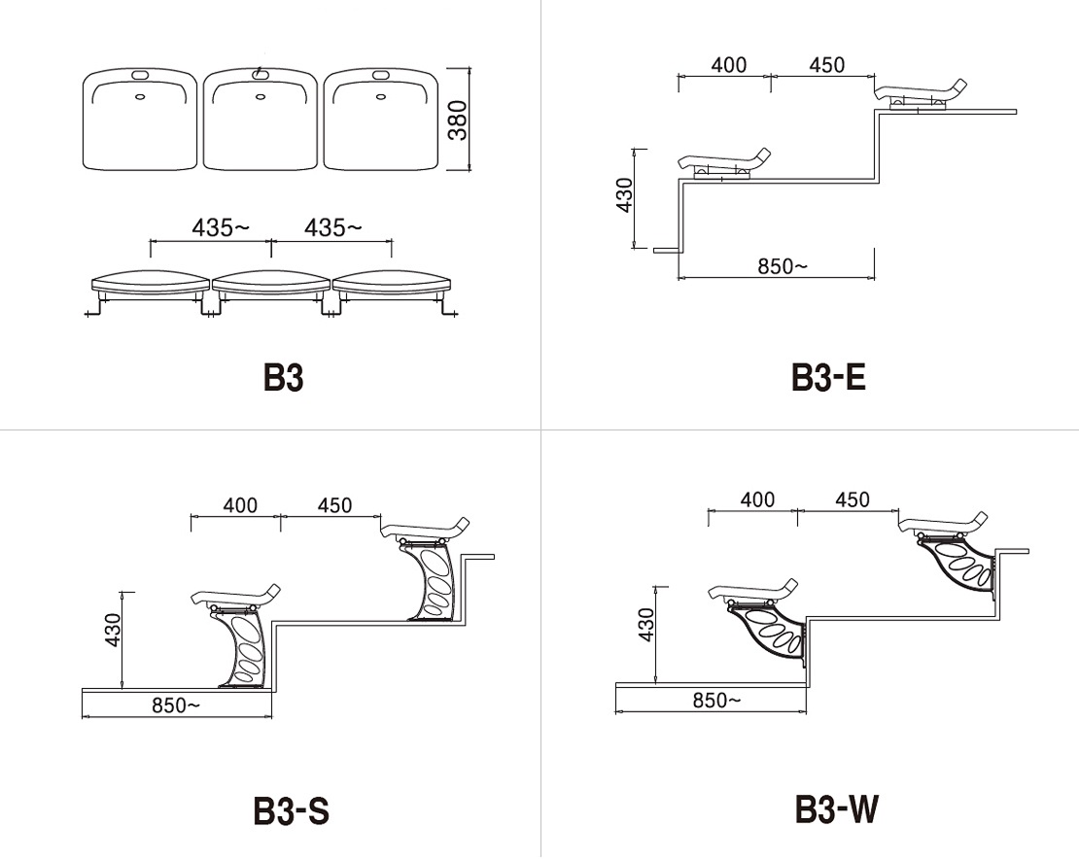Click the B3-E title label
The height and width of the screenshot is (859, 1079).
point(828,377)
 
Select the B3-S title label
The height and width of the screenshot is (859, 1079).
point(291,810)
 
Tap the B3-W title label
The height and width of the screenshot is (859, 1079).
point(837,808)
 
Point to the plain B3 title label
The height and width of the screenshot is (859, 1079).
point(283,377)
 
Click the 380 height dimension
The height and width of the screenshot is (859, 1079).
point(458,120)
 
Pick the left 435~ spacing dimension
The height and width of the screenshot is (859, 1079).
point(221,227)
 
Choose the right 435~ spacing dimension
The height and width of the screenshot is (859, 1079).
point(333,227)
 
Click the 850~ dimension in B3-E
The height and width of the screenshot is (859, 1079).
point(783,266)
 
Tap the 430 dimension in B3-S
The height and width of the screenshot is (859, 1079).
point(113,630)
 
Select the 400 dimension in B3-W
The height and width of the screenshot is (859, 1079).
point(757,499)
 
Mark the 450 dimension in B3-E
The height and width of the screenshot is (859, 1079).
point(826,65)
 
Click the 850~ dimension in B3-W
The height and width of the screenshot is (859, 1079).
point(717,701)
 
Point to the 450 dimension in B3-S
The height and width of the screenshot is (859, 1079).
point(334,505)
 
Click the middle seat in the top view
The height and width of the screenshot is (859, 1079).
point(261,119)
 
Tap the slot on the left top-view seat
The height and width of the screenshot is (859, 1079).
point(140,74)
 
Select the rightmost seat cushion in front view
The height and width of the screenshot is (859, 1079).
point(392,284)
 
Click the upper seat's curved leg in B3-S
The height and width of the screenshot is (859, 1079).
point(428,580)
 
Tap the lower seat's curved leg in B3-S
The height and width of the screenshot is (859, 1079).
point(241,646)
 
